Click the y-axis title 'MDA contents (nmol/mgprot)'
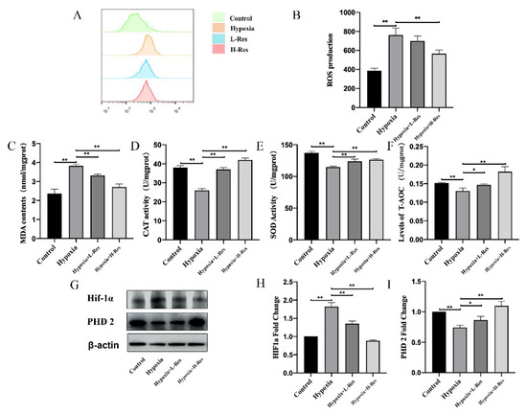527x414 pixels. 10,190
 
